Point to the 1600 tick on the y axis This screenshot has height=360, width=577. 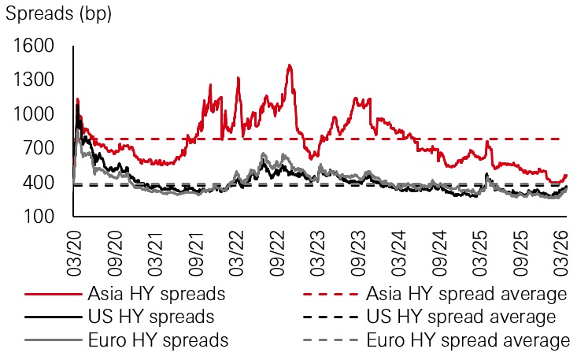(x=34, y=46)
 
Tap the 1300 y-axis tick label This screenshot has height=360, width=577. (x=34, y=80)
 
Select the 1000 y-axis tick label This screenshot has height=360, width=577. (x=34, y=114)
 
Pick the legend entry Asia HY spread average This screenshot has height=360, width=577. (x=467, y=295)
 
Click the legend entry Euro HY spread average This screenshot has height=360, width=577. (x=467, y=340)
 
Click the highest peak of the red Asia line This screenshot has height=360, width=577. (x=290, y=65)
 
